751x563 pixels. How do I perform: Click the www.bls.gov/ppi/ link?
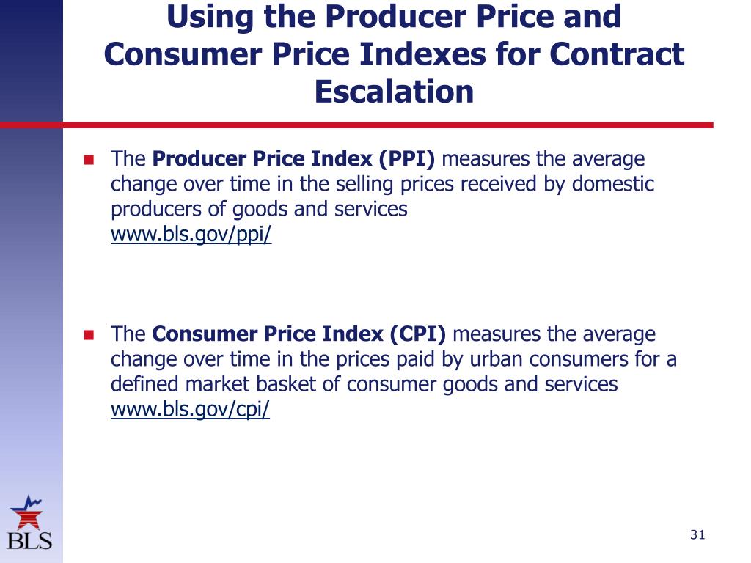[x=191, y=235]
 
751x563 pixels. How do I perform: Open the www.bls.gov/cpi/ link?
[x=190, y=410]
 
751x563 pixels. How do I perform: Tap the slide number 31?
[x=697, y=535]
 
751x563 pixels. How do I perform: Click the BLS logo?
[x=30, y=523]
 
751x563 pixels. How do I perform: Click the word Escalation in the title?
[x=394, y=92]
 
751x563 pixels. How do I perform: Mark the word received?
[x=498, y=184]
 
